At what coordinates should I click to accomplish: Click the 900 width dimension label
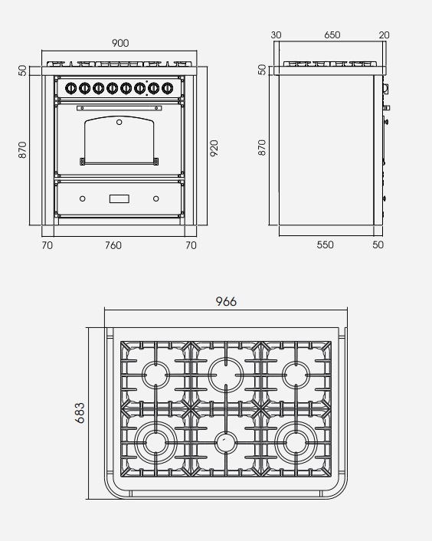120,43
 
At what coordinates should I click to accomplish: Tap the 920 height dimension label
214,149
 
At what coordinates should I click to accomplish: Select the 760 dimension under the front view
113,245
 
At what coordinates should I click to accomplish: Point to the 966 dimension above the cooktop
226,302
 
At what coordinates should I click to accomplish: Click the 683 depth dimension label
80,413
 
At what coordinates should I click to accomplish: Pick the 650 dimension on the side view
332,34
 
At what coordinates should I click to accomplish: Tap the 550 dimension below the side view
325,244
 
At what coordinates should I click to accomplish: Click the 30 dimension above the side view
277,34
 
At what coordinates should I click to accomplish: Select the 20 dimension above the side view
384,34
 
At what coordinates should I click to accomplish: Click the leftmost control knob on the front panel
70,88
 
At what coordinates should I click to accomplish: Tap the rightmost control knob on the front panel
167,88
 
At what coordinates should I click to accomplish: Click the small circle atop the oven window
119,122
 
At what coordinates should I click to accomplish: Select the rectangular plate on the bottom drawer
119,198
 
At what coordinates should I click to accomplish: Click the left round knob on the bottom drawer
83,198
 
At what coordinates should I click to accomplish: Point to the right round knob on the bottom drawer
155,198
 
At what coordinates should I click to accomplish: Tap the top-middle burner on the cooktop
226,375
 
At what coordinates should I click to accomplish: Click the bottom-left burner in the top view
155,443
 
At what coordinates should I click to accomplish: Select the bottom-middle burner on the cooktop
226,443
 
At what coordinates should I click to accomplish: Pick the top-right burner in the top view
296,375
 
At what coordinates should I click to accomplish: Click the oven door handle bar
119,108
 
